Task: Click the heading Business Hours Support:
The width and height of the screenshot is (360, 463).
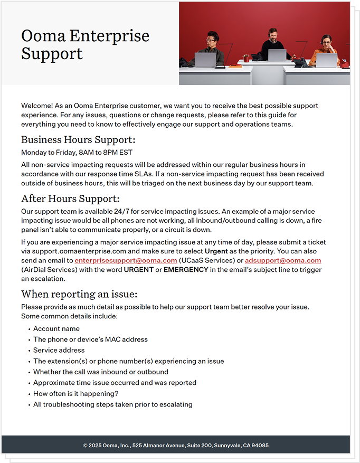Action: click(78, 140)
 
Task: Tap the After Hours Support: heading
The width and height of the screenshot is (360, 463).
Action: click(70, 199)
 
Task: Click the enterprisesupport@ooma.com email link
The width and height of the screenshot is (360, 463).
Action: click(126, 261)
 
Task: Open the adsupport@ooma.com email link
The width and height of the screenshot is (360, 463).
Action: click(283, 261)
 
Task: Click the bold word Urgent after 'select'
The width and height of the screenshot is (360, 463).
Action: click(216, 251)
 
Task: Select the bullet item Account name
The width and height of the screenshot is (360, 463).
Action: click(56, 329)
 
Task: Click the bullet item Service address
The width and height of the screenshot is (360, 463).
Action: click(59, 350)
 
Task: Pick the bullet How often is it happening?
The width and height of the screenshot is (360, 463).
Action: click(75, 393)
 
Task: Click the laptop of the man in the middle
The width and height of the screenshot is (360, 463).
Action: click(277, 55)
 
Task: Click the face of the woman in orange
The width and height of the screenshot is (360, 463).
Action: click(326, 41)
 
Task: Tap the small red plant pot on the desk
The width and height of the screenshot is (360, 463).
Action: click(246, 59)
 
